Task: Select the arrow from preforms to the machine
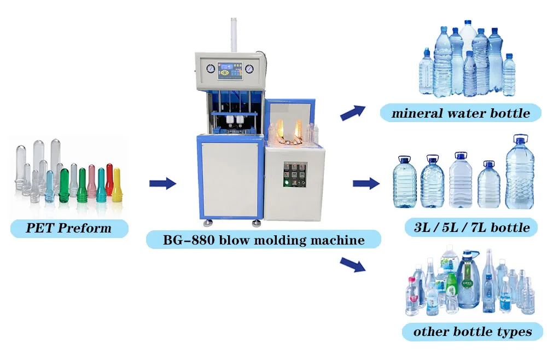(162, 183)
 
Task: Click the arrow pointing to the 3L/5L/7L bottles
(365, 183)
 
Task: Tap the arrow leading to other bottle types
(352, 264)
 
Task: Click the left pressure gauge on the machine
(210, 69)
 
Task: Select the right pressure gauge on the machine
(249, 69)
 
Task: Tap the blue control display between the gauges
(229, 71)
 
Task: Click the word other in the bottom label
(432, 332)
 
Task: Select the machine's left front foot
(207, 223)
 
